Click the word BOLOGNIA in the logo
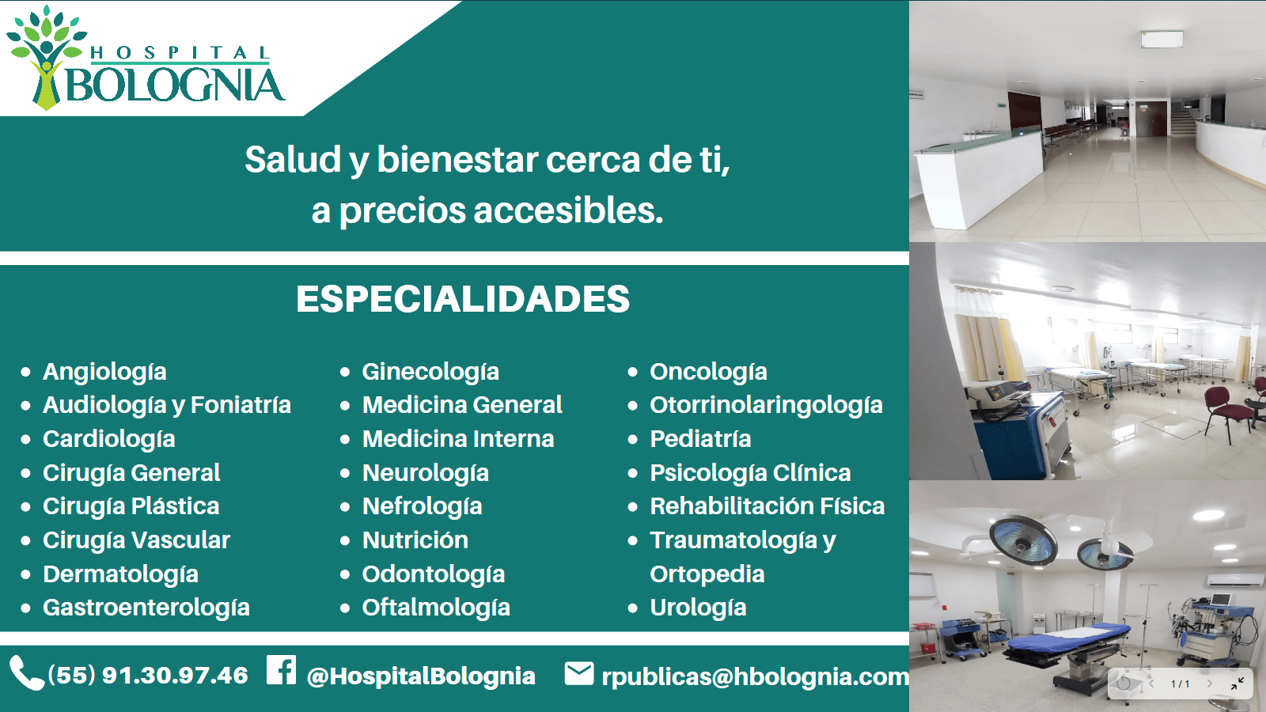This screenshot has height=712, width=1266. coord(175,85)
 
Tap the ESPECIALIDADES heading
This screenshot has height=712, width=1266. coord(463,299)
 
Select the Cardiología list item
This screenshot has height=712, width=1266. coord(109,439)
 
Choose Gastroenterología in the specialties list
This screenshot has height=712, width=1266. coord(146,608)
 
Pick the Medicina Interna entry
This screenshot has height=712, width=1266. coord(458,439)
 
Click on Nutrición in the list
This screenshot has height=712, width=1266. coord(415,540)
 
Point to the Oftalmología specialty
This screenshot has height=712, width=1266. coord(436,608)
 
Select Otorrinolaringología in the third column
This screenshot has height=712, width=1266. coord(766,405)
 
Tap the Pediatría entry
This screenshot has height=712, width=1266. coord(700,439)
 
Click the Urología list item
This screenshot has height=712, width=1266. coord(698,608)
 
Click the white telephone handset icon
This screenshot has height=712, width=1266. coord(26,674)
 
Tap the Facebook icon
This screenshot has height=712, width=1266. coord(281,670)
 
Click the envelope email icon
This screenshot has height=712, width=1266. coord(579,673)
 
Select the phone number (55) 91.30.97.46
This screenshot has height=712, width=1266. coord(148,676)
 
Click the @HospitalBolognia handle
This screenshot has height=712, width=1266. coord(421,676)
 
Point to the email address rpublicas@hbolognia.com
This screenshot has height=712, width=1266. coord(755,676)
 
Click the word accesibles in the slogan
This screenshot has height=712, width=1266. coord(568,210)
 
